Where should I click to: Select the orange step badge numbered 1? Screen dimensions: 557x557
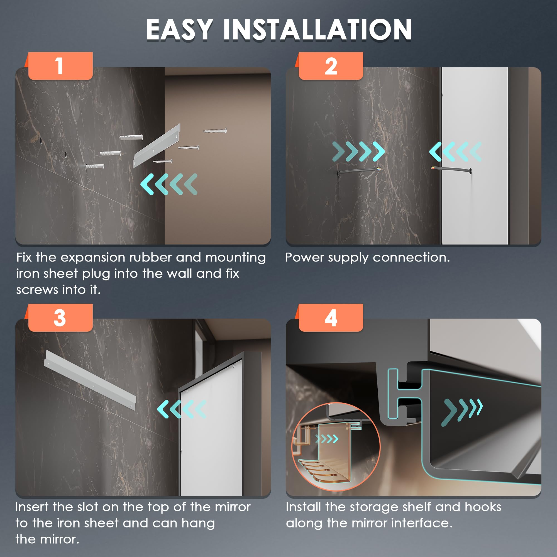click(x=60, y=66)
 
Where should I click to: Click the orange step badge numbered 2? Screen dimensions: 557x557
click(x=331, y=66)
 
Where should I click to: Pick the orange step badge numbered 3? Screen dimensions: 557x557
click(x=60, y=317)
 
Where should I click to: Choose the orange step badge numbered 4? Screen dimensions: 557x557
click(x=331, y=317)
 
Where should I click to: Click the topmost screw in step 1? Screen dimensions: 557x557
click(x=215, y=131)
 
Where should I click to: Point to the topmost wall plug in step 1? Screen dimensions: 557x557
click(x=131, y=137)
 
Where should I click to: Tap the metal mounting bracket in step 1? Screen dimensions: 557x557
click(x=157, y=146)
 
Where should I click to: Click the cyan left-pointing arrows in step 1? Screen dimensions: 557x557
click(x=169, y=184)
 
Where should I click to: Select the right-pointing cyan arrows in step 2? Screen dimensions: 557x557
click(x=358, y=151)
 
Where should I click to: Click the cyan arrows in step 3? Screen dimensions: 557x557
click(x=182, y=409)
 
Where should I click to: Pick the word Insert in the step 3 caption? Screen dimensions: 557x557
click(x=32, y=507)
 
